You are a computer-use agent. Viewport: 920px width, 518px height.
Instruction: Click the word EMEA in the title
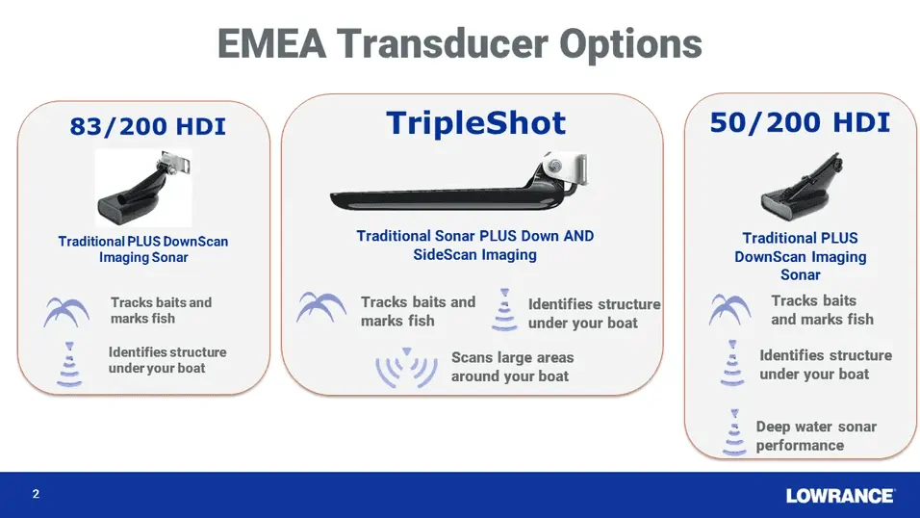[271, 43]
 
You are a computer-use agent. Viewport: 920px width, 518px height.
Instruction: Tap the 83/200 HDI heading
[148, 126]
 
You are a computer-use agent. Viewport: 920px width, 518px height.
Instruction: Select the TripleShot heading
[475, 122]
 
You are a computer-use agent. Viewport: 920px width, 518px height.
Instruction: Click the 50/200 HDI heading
[800, 122]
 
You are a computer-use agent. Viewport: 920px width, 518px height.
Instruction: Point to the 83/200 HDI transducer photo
[143, 188]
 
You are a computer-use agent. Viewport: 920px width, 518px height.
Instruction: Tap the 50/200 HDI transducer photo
[802, 187]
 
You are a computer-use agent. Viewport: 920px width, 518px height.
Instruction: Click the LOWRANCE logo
[840, 496]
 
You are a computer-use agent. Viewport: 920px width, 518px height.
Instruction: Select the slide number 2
[36, 494]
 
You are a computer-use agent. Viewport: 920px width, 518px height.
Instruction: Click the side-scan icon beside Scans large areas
[407, 368]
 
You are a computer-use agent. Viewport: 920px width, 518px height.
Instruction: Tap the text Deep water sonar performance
[816, 436]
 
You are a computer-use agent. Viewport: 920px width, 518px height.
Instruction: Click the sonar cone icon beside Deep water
[734, 432]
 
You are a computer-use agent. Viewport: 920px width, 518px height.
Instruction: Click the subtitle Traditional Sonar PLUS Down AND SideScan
[475, 245]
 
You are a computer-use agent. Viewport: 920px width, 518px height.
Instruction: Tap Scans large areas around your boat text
[512, 367]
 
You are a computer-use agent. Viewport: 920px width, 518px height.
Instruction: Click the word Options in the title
[630, 44]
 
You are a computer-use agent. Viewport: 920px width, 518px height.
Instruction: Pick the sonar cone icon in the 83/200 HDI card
[69, 364]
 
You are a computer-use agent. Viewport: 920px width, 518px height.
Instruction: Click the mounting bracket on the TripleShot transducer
[564, 168]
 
